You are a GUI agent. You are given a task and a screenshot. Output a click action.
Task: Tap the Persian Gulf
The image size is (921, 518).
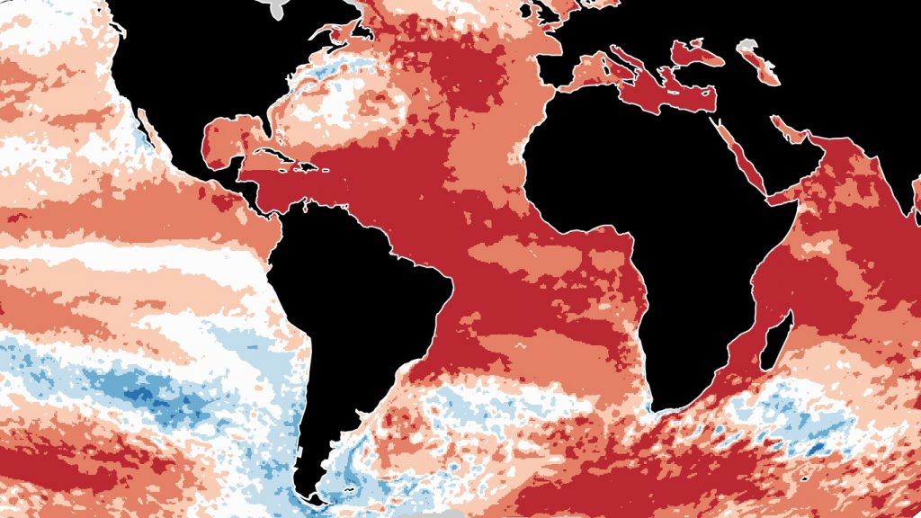[791, 131]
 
